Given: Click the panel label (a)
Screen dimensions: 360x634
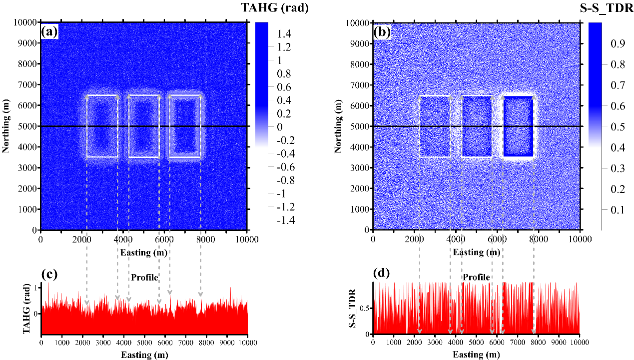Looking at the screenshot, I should coord(50,32).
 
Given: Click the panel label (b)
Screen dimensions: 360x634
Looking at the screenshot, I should coord(383,32).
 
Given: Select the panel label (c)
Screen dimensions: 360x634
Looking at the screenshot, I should coord(51,274).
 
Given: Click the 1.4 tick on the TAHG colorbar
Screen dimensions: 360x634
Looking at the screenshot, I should coord(277,33).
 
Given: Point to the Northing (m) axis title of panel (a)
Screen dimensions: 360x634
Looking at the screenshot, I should coord(6,126).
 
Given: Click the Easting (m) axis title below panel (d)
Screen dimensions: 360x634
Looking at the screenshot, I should coord(476,354).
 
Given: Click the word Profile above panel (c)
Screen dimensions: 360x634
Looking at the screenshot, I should coord(144,277).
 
